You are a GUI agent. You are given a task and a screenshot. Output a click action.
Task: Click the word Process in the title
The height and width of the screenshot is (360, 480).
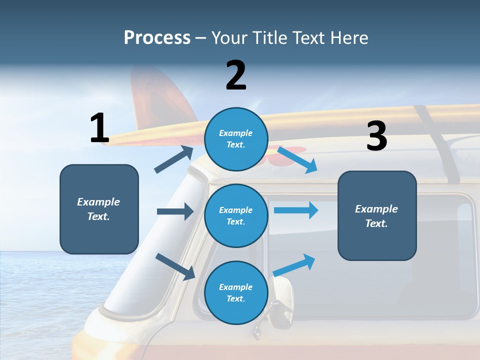pyautogui.click(x=157, y=38)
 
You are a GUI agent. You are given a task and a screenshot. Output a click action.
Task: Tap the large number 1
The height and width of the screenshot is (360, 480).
pyautogui.click(x=99, y=128)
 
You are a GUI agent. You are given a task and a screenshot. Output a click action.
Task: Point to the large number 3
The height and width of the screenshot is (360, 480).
pyautogui.click(x=376, y=136)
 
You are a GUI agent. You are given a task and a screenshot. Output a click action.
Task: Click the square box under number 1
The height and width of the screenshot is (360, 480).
pyautogui.click(x=99, y=209)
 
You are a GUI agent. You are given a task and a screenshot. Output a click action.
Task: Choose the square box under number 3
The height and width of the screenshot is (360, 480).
pyautogui.click(x=377, y=215)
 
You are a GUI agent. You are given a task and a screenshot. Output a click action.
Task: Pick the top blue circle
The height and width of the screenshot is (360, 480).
pyautogui.click(x=236, y=139)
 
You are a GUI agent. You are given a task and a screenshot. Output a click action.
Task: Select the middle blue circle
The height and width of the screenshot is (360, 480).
pyautogui.click(x=236, y=215)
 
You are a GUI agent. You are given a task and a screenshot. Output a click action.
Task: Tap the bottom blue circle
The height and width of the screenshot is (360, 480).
pyautogui.click(x=236, y=292)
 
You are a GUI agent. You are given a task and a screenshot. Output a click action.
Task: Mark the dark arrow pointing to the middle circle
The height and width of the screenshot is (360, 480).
pyautogui.click(x=175, y=211)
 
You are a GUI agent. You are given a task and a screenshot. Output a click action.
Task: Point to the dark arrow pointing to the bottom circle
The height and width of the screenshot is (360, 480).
pyautogui.click(x=175, y=266)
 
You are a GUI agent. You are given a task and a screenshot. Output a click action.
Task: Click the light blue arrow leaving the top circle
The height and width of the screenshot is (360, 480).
pyautogui.click(x=297, y=159)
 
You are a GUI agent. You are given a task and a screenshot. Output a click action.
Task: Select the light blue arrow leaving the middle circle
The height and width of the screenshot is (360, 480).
pyautogui.click(x=295, y=210)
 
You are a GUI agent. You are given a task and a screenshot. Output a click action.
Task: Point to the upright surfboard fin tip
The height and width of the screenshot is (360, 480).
pyautogui.click(x=150, y=75)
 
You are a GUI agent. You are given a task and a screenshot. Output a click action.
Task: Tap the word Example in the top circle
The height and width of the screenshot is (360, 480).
pyautogui.click(x=236, y=133)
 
